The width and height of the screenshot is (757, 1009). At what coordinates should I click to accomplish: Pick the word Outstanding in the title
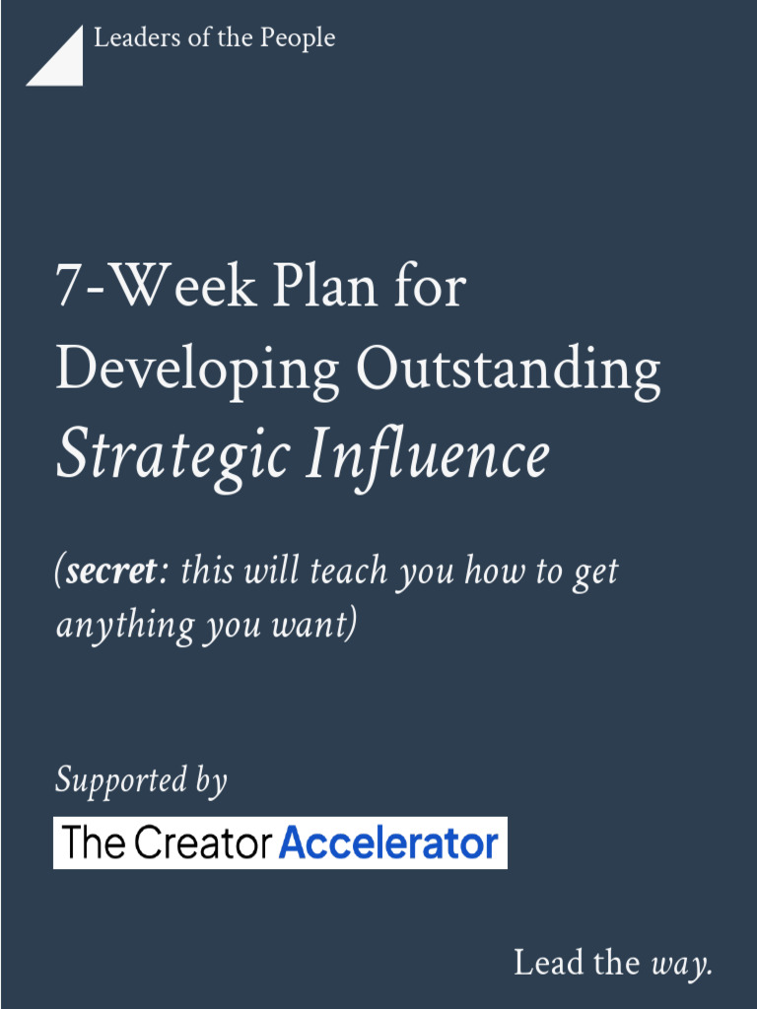pyautogui.click(x=508, y=369)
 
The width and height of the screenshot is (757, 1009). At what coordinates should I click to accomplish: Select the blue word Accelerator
pyautogui.click(x=388, y=843)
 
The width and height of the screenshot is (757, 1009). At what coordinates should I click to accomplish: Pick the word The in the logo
pyautogui.click(x=94, y=843)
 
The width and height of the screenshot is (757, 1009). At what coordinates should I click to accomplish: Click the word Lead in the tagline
pyautogui.click(x=550, y=962)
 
